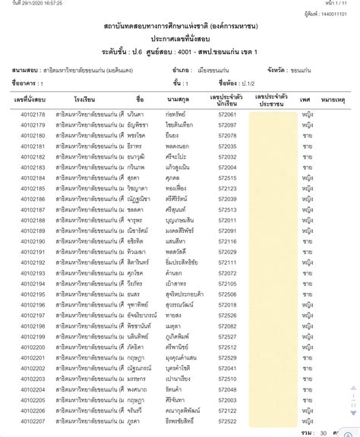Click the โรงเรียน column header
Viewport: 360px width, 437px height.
coord(84,99)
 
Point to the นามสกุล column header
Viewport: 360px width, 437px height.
coord(181,99)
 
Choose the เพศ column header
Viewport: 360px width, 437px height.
coord(306,99)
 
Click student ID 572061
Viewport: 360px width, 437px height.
coord(228,115)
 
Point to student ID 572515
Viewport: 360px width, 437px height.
coord(228,178)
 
